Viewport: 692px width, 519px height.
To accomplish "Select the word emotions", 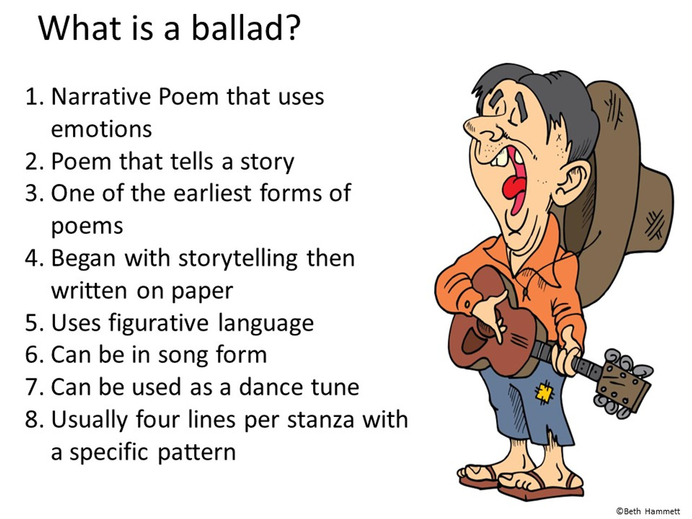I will click(x=101, y=130).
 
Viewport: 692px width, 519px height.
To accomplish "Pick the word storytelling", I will click(x=238, y=258).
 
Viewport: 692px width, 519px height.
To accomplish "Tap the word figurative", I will click(x=158, y=323).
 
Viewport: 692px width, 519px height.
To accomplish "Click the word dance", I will click(x=270, y=387).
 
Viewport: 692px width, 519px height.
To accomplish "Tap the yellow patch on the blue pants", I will click(x=543, y=393).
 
